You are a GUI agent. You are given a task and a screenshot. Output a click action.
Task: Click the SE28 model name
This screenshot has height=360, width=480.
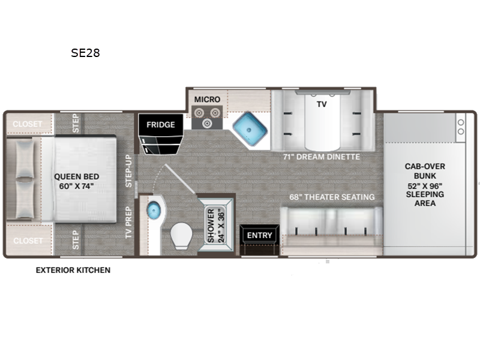[x=85, y=53]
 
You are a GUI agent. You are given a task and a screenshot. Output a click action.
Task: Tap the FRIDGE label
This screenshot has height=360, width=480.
[x=161, y=125]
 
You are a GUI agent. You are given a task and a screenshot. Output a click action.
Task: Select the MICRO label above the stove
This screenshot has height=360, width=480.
[x=207, y=100]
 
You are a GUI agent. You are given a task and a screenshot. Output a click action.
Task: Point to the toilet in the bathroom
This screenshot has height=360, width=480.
[x=181, y=236]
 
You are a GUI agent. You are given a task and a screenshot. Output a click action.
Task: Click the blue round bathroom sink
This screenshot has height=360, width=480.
[x=154, y=211]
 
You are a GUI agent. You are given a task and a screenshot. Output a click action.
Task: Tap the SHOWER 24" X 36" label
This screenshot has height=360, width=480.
[x=216, y=226]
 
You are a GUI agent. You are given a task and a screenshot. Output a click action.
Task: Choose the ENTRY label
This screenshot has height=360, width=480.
[x=260, y=235]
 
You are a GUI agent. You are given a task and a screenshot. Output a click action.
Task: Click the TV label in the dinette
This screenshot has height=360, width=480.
[x=322, y=104]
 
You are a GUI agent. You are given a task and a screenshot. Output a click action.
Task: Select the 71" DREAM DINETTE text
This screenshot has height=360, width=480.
[x=322, y=157]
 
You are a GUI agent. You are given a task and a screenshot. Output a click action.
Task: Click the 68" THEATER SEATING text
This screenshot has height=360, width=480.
[x=332, y=197]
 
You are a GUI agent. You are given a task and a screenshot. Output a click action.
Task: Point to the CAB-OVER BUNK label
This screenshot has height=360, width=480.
[x=425, y=171]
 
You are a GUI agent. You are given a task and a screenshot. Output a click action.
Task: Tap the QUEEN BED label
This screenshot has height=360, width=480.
[x=77, y=176]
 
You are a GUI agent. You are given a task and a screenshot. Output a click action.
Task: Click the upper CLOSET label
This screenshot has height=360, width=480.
[x=28, y=124]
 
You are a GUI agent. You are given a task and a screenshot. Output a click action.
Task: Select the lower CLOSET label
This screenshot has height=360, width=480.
[x=28, y=241]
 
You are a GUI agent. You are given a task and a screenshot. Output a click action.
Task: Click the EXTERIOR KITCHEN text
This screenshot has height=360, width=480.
[x=73, y=270]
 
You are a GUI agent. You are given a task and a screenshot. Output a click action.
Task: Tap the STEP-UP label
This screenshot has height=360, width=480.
[x=129, y=171]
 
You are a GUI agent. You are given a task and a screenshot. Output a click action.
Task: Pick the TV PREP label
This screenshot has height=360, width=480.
[x=128, y=222]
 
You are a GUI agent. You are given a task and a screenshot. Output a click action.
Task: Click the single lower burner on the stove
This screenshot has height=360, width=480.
[x=207, y=123]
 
